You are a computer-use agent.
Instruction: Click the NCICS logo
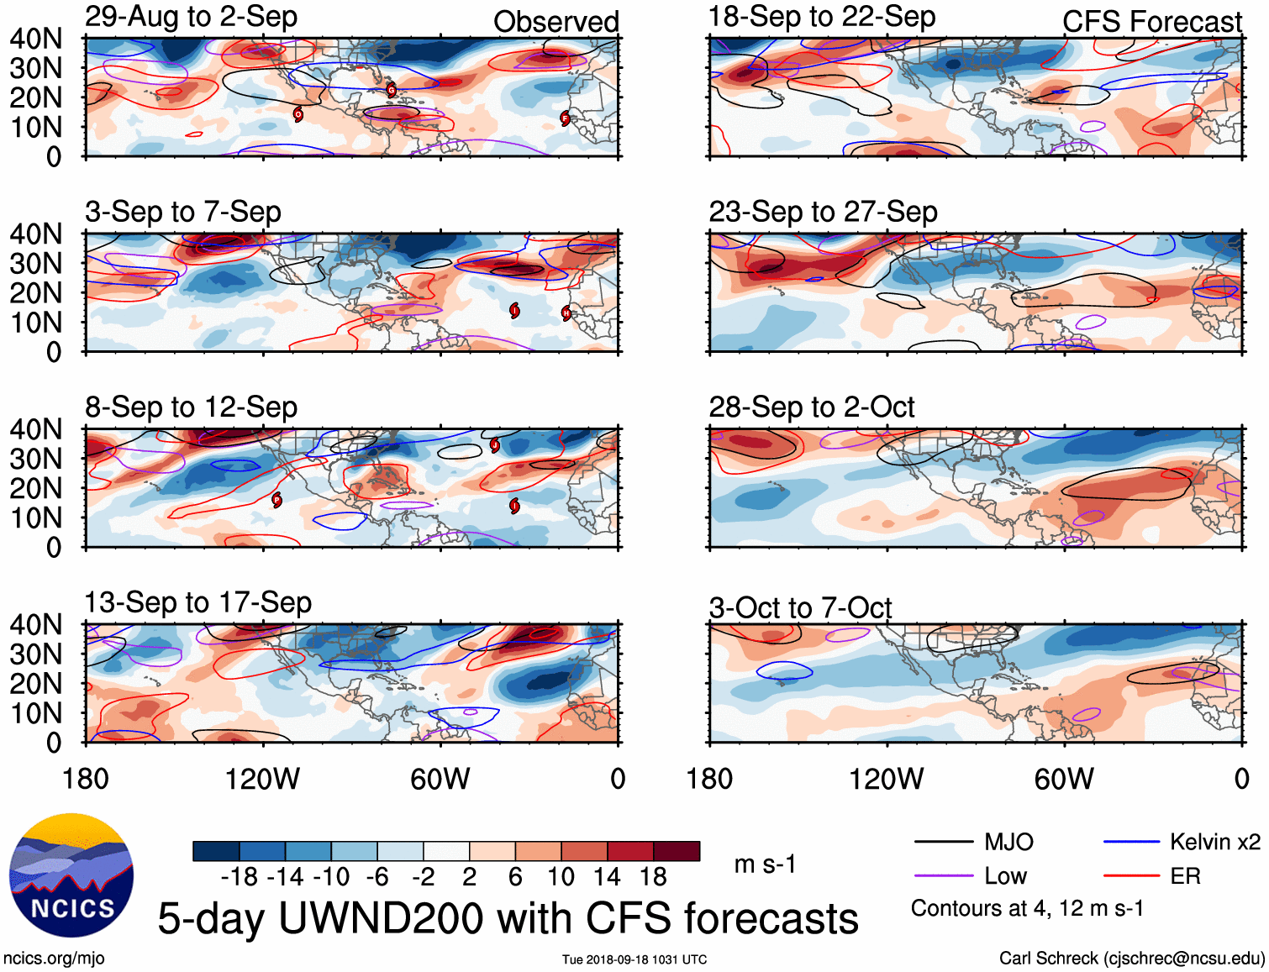pos(71,875)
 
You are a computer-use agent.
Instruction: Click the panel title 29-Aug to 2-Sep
pos(191,17)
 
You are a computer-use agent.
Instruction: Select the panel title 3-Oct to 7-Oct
pos(800,607)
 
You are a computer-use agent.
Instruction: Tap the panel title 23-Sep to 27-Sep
pos(823,212)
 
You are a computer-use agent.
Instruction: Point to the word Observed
pos(556,22)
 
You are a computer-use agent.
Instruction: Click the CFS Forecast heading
pos(1151,22)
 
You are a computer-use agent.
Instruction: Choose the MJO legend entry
pos(1008,842)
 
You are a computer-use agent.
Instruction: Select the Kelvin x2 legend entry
pos(1214,842)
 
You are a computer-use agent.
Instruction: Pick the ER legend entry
pos(1185,876)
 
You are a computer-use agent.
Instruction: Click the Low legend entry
pos(1005,876)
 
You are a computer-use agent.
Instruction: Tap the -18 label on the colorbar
pos(240,877)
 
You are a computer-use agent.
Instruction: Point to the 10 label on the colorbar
pos(561,877)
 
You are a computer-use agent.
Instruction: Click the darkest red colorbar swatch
pos(677,851)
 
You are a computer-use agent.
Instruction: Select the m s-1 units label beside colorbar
pos(765,864)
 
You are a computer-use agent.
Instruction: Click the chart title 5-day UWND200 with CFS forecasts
pos(508,918)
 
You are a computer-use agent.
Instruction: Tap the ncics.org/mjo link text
pos(54,959)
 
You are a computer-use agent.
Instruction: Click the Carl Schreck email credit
pos(1131,959)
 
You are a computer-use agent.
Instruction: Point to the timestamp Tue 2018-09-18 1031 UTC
pos(634,959)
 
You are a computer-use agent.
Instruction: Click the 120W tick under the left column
pos(262,779)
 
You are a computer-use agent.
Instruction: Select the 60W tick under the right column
pos(1064,779)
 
